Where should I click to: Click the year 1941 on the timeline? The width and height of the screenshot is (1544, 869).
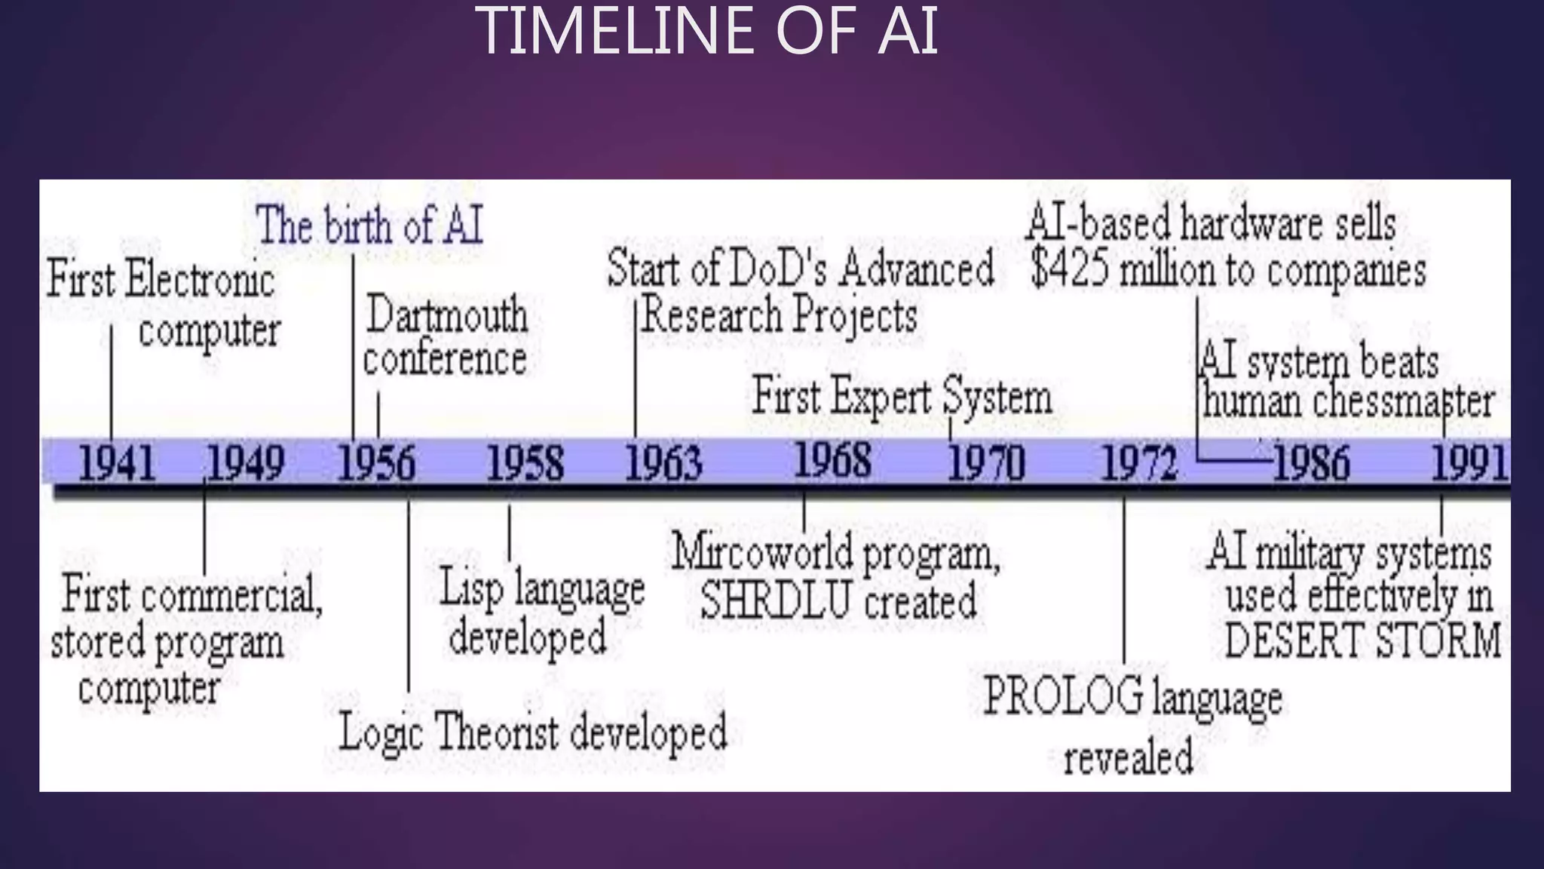[x=118, y=463]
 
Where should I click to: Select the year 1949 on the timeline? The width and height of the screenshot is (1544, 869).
[x=246, y=463]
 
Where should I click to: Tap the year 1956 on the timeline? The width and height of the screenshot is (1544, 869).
[x=376, y=463]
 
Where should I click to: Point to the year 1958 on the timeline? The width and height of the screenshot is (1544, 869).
[x=525, y=463]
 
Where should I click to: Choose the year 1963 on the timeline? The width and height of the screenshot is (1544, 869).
[x=664, y=463]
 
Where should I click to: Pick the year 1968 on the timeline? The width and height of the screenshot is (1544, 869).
[x=833, y=459]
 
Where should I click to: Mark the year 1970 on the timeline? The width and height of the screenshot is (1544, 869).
[x=986, y=463]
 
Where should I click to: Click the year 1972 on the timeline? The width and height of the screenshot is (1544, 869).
[x=1139, y=463]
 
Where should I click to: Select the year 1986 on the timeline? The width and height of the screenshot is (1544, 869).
[x=1312, y=463]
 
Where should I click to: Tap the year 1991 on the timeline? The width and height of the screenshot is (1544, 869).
[x=1469, y=463]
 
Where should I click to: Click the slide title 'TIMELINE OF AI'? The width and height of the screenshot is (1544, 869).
[x=706, y=32]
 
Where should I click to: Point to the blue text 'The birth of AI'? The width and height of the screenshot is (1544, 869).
[x=369, y=226]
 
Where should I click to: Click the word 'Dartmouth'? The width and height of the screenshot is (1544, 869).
[x=447, y=315]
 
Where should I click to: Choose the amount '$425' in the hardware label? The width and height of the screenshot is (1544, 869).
[x=1070, y=270]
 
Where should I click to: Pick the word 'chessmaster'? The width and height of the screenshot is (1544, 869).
[x=1403, y=402]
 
